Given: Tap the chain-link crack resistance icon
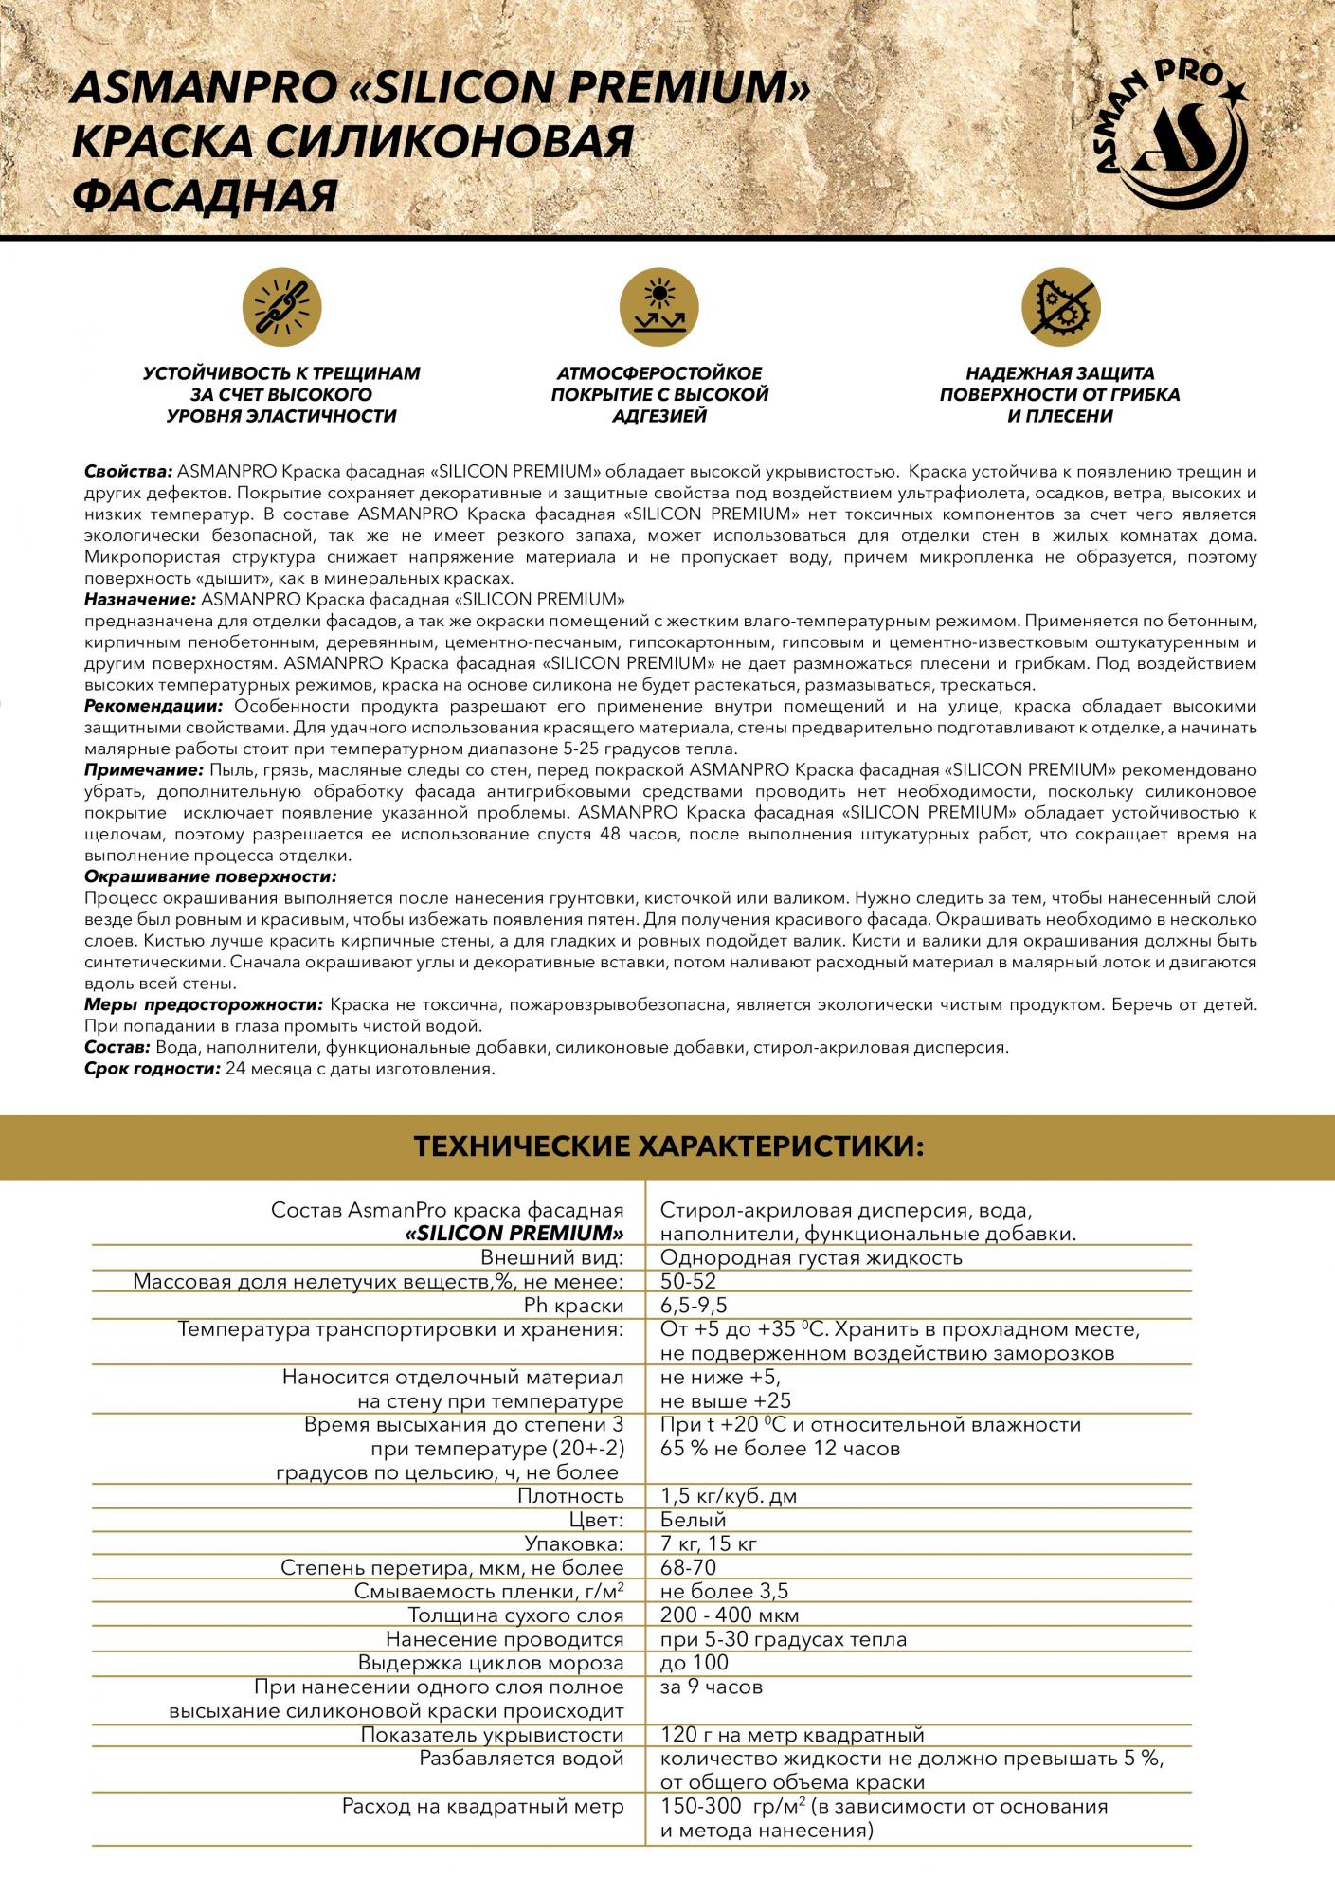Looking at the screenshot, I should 281,307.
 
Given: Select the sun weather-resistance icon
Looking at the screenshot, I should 659,307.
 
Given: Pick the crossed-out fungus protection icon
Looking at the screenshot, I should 1060,307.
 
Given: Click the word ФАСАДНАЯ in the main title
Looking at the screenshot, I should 206,196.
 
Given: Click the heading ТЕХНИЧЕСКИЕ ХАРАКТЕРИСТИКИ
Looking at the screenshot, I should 667,1147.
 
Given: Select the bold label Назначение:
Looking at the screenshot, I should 140,600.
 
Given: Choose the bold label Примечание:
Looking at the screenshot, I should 144,769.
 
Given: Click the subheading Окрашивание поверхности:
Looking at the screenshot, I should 210,877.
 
